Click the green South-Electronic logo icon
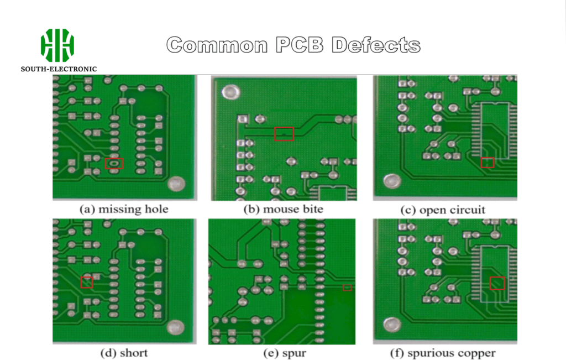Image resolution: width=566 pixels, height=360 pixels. point(57,45)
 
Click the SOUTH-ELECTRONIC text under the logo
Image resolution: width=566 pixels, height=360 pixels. point(59,69)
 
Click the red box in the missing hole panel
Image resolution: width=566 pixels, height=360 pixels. point(114,163)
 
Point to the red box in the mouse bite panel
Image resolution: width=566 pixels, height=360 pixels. point(284,134)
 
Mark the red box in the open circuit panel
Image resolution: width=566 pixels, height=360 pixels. point(487,163)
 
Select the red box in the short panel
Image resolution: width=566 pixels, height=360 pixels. point(86,282)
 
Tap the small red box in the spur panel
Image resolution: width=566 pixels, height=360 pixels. point(347,288)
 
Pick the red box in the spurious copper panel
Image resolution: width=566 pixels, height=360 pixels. point(497,283)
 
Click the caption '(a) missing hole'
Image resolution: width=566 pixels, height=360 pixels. point(124,210)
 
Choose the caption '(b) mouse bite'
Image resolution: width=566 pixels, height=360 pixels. point(284,210)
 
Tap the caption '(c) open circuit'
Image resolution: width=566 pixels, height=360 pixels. point(443,210)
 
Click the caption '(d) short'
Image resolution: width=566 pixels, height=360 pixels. point(124,353)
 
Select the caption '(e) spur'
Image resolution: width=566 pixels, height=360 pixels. point(282,353)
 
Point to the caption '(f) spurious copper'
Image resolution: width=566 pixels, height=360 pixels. point(444,353)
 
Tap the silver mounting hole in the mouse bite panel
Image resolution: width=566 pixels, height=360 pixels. point(230,92)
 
